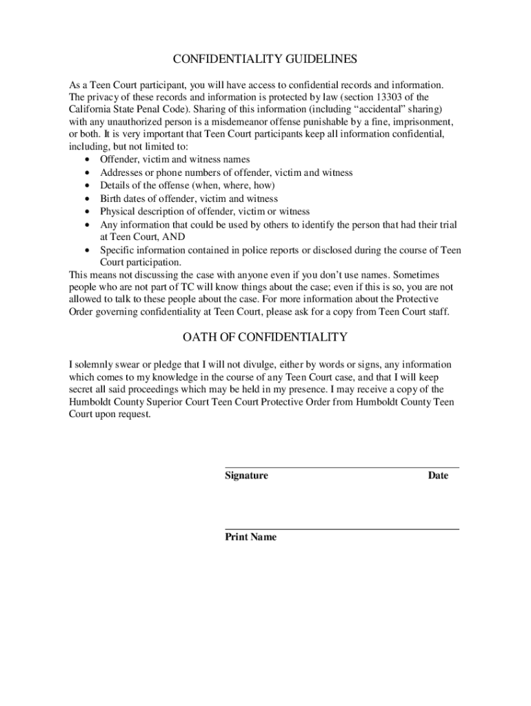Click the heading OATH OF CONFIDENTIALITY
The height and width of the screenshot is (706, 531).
265,337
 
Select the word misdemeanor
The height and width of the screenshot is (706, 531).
254,123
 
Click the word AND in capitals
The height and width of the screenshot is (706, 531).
173,237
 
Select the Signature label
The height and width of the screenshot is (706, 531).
246,475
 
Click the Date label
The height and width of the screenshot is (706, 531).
438,475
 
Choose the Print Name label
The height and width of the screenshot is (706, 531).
250,537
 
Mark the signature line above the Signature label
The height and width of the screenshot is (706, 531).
342,467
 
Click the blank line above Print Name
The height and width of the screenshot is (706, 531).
342,529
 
